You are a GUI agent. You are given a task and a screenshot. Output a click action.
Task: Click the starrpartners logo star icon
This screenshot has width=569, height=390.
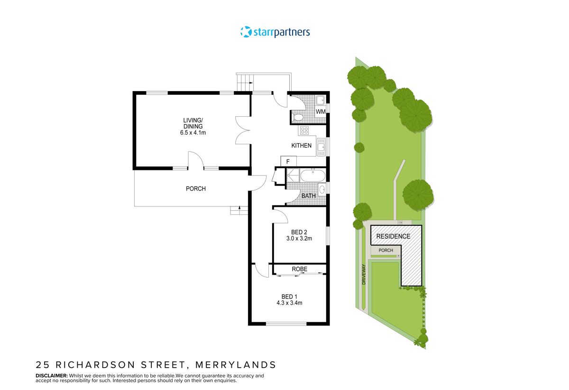tap(246, 32)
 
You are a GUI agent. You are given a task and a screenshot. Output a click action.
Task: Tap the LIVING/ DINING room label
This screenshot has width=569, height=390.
tap(193, 126)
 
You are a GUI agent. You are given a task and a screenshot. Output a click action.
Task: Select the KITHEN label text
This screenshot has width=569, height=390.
tap(302, 146)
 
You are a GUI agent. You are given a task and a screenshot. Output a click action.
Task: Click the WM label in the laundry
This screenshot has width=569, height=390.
tap(321, 111)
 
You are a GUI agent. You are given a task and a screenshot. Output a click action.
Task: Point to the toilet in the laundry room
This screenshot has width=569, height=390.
tap(298, 117)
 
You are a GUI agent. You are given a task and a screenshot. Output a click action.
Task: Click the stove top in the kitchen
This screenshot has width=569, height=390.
tap(303, 130)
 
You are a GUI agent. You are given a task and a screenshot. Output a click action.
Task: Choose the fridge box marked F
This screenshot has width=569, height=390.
tap(288, 161)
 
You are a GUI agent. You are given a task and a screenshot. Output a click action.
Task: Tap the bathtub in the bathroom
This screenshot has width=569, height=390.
tap(312, 176)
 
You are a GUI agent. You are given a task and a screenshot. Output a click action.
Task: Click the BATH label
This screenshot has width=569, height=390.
tap(309, 196)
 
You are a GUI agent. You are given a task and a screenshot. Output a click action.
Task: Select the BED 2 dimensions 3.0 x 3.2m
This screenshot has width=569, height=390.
tap(299, 239)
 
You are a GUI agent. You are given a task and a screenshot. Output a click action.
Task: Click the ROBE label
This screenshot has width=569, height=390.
tap(300, 269)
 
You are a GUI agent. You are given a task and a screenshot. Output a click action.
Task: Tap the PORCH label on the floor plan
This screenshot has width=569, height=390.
tap(196, 189)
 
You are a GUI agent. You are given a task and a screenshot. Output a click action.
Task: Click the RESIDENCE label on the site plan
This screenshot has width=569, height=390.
tap(393, 236)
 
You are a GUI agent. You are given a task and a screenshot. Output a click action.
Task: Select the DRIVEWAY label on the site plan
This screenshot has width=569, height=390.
tap(364, 274)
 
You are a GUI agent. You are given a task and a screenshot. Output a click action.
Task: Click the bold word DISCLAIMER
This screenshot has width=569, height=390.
tap(52, 376)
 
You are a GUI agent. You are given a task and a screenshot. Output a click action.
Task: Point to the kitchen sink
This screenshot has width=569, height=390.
tap(321, 147)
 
